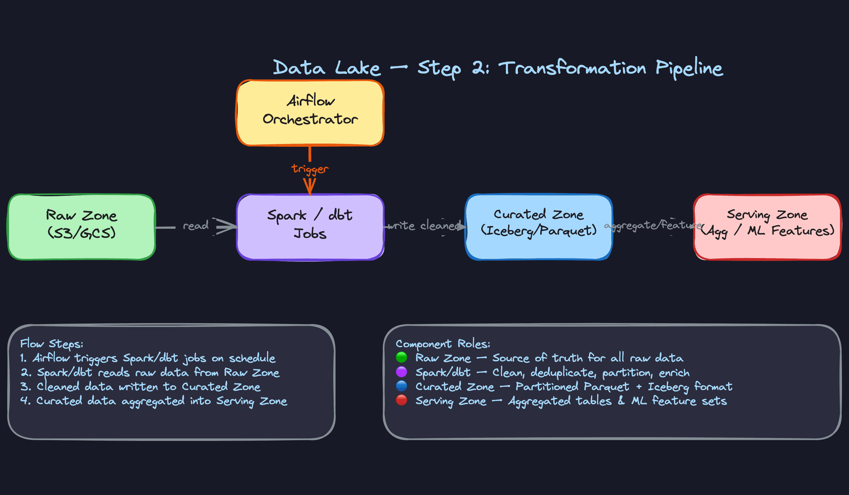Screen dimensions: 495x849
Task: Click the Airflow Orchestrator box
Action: pyautogui.click(x=310, y=113)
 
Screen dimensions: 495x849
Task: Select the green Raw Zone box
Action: pyautogui.click(x=82, y=227)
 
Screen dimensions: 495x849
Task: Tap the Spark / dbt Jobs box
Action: pyautogui.click(x=310, y=227)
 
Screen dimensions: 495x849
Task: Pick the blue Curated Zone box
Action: pyautogui.click(x=539, y=227)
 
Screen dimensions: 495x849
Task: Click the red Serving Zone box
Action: pyautogui.click(x=767, y=227)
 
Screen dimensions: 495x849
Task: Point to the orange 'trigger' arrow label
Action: pyautogui.click(x=310, y=169)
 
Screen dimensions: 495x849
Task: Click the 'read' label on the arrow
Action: pyautogui.click(x=195, y=226)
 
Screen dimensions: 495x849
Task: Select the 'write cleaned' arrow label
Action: pyautogui.click(x=424, y=226)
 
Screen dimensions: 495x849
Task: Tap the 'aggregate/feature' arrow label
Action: pyautogui.click(x=653, y=225)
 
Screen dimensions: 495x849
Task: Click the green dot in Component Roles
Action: pyautogui.click(x=402, y=357)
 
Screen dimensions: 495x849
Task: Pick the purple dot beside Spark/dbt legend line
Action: pyautogui.click(x=402, y=372)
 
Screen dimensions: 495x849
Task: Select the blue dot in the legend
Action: pyautogui.click(x=402, y=386)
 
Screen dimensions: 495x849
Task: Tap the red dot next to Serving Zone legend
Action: pyautogui.click(x=402, y=400)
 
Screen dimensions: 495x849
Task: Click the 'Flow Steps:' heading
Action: pyautogui.click(x=52, y=344)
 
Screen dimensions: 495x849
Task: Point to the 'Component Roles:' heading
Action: pyautogui.click(x=443, y=344)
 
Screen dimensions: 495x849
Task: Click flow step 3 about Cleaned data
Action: pyautogui.click(x=141, y=387)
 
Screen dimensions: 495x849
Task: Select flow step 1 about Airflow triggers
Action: pyautogui.click(x=148, y=358)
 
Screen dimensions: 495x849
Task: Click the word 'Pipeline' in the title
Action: pyautogui.click(x=689, y=68)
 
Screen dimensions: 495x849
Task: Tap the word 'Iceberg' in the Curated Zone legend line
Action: pyautogui.click(x=668, y=387)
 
